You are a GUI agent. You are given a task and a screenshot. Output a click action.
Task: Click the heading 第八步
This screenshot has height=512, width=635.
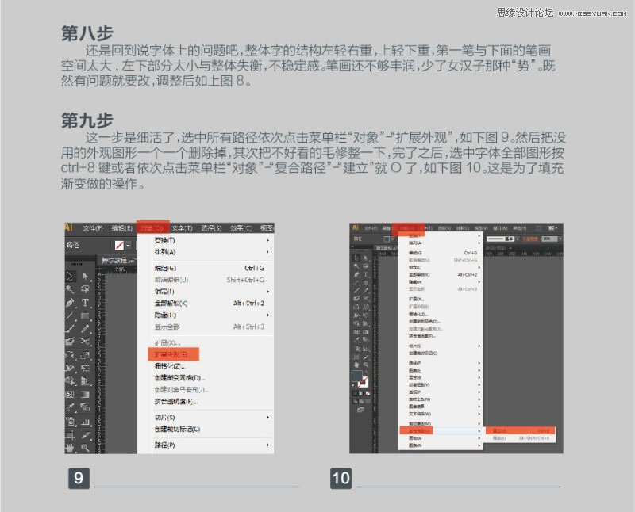[x=87, y=33]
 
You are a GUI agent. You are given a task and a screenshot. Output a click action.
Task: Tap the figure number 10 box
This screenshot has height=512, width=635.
[x=341, y=478]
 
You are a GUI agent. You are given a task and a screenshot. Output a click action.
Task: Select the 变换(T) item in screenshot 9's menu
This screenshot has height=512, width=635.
[x=165, y=240]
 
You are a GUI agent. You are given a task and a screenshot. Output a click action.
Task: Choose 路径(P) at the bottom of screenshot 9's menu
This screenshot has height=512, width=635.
[x=165, y=445]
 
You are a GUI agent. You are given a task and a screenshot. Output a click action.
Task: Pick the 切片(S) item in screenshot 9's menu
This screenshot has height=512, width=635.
[x=165, y=418]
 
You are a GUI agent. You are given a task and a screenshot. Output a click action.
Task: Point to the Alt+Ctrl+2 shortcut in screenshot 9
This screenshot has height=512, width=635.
[x=248, y=303]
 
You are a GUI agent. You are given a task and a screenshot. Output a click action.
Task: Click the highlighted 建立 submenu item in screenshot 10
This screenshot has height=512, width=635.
[x=499, y=430]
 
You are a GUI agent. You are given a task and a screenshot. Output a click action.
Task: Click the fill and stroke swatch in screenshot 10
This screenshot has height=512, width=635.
[x=359, y=380]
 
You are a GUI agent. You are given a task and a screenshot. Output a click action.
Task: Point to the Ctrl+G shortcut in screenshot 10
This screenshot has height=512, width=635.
[x=467, y=253]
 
